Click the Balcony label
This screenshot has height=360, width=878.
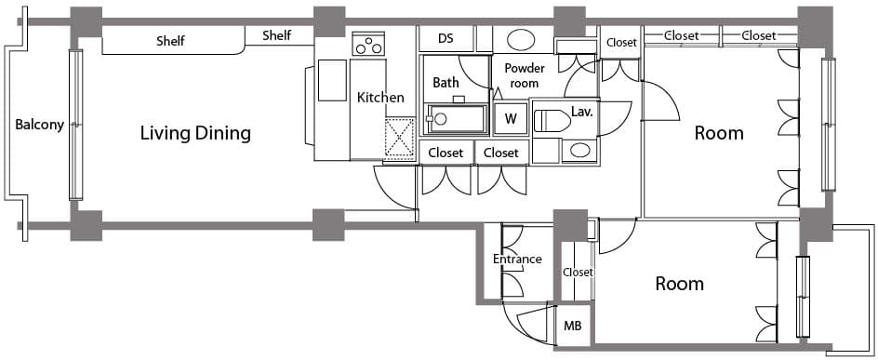39,125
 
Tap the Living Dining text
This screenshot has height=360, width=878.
195,134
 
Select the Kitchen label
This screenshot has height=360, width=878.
380,98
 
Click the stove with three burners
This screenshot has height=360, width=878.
369,44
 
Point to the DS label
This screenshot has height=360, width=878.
446,39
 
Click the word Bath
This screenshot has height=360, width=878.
446,83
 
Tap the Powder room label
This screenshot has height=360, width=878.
525,75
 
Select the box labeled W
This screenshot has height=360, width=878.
510,119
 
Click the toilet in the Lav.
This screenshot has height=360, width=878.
552,120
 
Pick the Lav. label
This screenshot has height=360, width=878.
582,112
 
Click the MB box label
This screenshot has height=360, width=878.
572,326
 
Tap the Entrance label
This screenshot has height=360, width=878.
517,260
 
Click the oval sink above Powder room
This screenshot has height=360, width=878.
520,40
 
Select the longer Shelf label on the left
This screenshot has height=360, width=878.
170,41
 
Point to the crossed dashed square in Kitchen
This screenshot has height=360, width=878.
400,139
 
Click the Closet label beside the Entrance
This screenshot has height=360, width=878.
578,273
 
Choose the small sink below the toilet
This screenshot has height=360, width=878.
579,150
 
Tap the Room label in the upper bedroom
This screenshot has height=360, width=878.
719,133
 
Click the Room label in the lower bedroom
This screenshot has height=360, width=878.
679,284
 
